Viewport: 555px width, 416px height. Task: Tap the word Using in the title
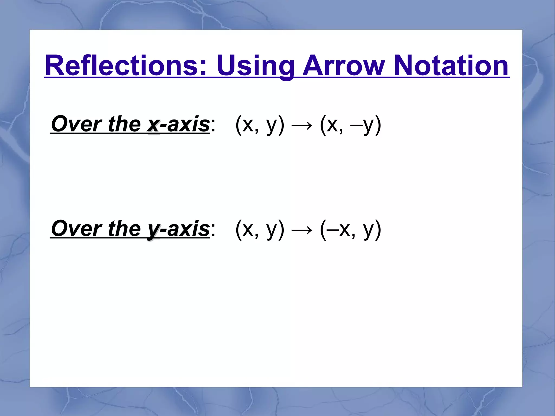coord(256,66)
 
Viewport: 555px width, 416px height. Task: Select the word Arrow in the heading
coord(343,66)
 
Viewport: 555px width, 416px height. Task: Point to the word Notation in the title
coord(451,66)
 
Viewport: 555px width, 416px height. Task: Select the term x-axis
coord(178,124)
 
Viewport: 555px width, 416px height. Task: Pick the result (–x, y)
coord(350,230)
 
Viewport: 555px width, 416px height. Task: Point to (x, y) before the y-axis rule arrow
coord(260,230)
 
